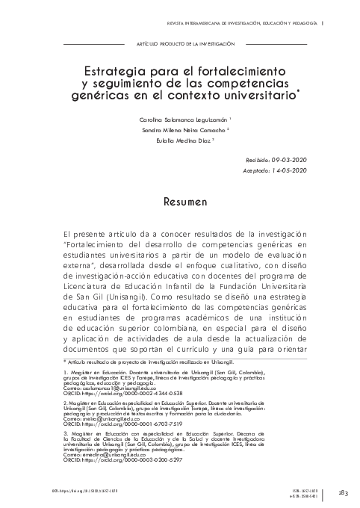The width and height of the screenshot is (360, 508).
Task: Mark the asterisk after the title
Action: (x=298, y=92)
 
